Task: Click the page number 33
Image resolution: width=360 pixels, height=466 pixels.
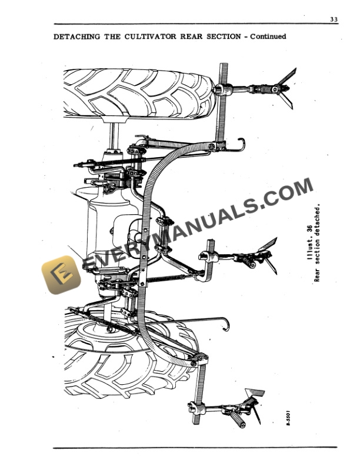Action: [334, 19]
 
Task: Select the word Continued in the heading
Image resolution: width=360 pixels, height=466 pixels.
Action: [268, 36]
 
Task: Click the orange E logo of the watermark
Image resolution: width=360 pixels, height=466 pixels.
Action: [61, 274]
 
